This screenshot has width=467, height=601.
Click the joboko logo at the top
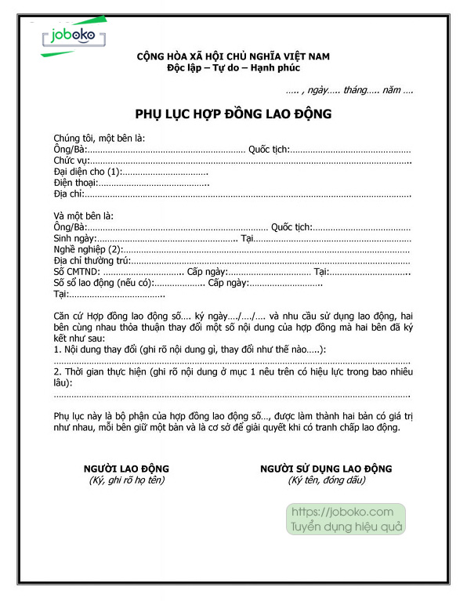(72, 37)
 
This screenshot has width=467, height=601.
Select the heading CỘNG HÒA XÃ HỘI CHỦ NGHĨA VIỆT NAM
(233, 56)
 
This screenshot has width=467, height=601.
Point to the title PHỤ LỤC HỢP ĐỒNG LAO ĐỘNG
(233, 114)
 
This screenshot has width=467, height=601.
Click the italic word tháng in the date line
(360, 92)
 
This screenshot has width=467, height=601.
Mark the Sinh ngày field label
(74, 237)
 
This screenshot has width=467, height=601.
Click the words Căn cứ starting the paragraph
(69, 315)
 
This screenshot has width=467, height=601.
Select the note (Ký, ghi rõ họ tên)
(126, 480)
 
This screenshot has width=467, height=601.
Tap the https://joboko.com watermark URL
(342, 512)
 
